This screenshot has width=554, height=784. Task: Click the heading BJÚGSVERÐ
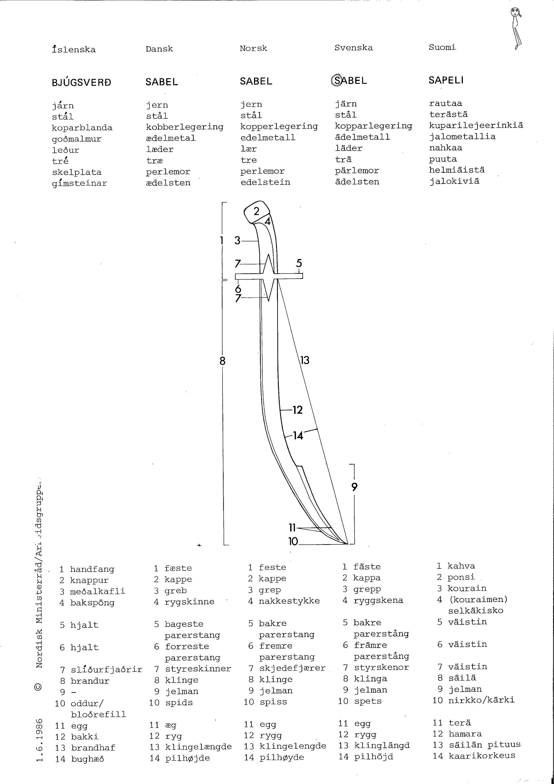click(x=81, y=83)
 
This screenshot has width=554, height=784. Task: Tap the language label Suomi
click(x=442, y=47)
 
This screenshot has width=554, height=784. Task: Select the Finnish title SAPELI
click(x=446, y=80)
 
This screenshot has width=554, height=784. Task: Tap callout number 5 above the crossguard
click(x=299, y=263)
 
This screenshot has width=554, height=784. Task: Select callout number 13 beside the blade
click(x=305, y=360)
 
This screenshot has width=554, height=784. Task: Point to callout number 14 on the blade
click(x=298, y=436)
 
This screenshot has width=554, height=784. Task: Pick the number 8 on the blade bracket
click(x=222, y=361)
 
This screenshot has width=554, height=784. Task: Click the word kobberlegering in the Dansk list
click(x=185, y=127)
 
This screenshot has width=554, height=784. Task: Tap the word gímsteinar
click(x=80, y=183)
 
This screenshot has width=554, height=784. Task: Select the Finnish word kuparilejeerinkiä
click(x=476, y=125)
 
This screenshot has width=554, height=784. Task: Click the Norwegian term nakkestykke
click(x=289, y=601)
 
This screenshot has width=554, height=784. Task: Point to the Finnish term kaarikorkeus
click(x=482, y=755)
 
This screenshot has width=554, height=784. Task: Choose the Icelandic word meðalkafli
click(x=98, y=591)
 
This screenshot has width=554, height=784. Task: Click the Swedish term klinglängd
click(x=382, y=745)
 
